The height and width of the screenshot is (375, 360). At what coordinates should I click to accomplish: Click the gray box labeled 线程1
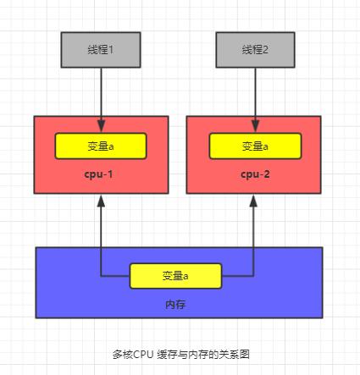[x=101, y=49]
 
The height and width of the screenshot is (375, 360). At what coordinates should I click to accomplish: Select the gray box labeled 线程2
[x=254, y=49]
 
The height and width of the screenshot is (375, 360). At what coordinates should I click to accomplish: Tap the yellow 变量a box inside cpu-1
[x=101, y=146]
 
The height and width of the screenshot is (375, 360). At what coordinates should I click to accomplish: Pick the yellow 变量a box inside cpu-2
[x=254, y=146]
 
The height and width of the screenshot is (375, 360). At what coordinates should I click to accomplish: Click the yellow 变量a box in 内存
[x=175, y=276]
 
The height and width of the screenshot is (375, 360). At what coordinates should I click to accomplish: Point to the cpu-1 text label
[x=101, y=174]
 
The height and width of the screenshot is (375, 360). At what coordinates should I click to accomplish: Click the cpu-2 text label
[x=254, y=174]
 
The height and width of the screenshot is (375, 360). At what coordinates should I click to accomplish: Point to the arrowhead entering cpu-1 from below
[x=101, y=204]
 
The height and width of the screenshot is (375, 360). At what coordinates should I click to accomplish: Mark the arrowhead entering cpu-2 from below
[x=254, y=204]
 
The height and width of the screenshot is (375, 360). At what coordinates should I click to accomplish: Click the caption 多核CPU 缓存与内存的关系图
[x=180, y=355]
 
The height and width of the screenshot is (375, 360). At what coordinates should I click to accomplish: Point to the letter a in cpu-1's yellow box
[x=111, y=146]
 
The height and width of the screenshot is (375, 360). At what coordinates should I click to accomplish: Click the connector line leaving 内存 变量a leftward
[x=115, y=276]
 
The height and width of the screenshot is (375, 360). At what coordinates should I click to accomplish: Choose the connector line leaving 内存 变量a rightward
[x=238, y=276]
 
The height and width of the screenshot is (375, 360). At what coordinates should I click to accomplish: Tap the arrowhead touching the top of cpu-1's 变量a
[x=101, y=128]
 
